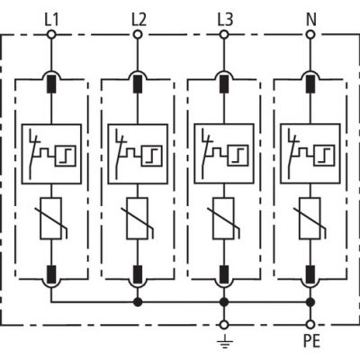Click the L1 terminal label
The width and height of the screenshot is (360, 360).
pos(50,17)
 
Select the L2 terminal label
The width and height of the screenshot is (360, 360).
pos(138,17)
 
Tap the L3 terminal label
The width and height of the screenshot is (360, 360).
pos(224,17)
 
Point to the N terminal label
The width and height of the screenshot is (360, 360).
pos(310,17)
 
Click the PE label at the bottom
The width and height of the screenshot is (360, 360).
pos(310,342)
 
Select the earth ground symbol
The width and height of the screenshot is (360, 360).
pos(224,341)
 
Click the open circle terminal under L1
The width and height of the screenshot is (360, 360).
pos(50,35)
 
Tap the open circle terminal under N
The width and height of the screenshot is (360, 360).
pos(310,35)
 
